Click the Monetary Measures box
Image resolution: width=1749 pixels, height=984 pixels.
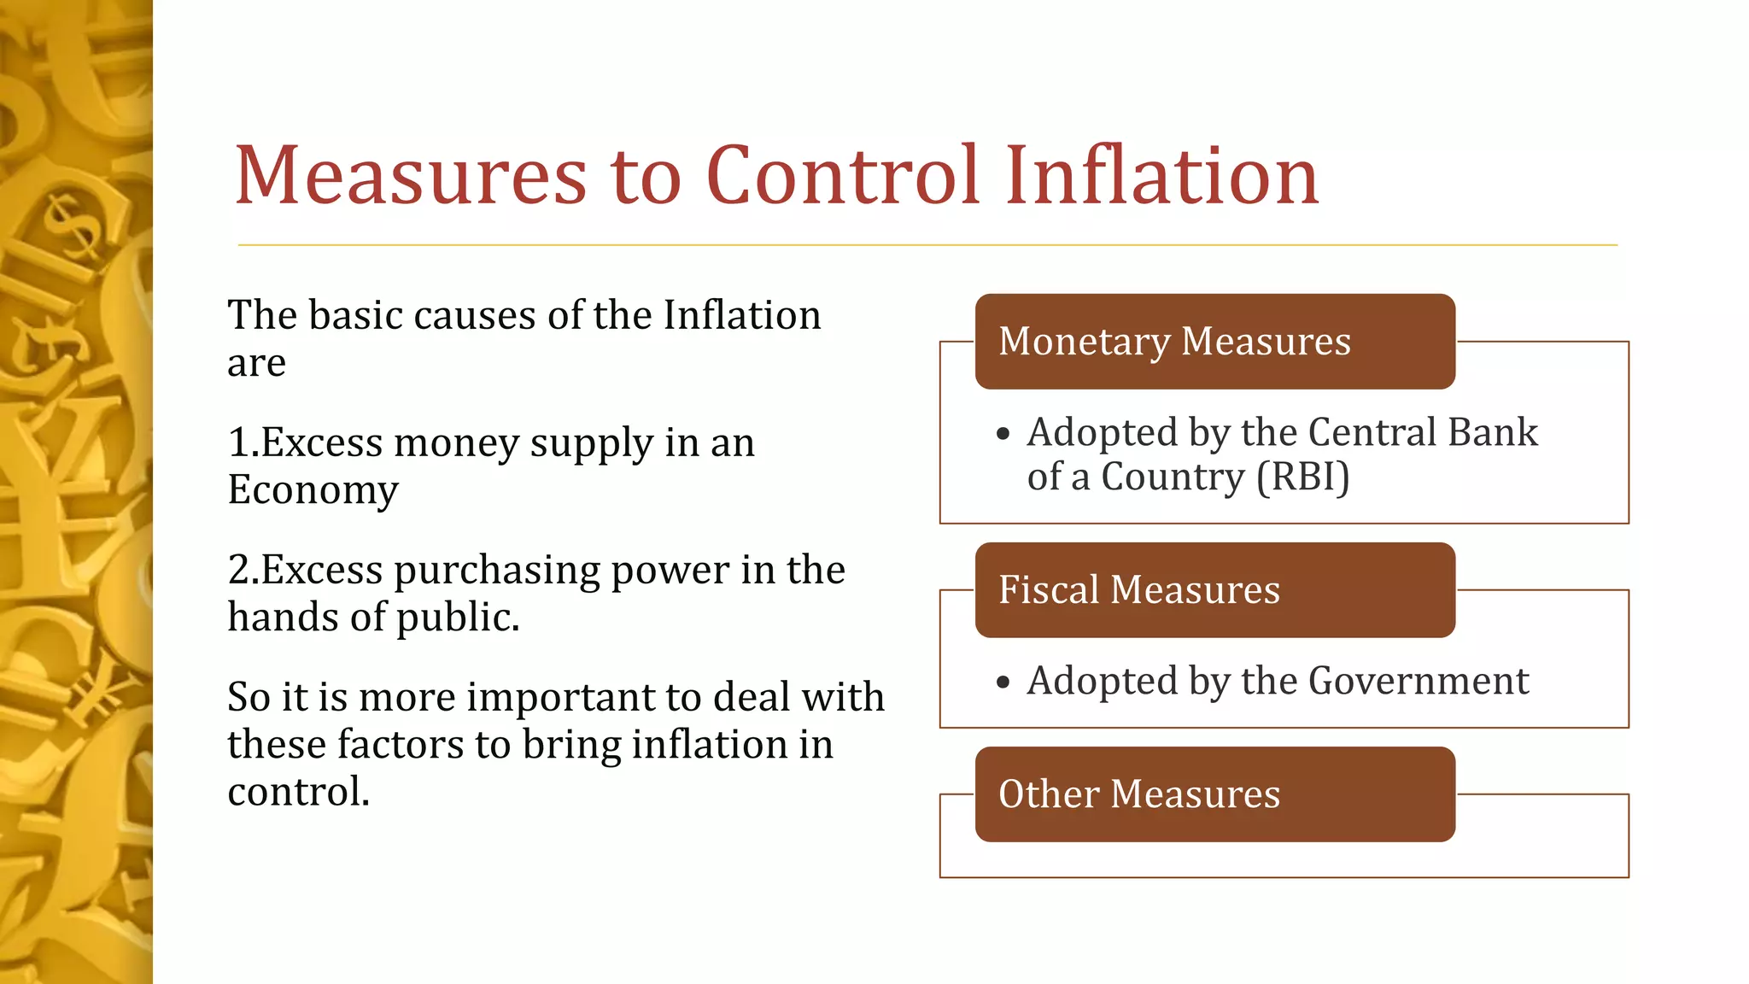click(1214, 342)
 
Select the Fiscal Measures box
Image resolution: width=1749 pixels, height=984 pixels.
click(1214, 590)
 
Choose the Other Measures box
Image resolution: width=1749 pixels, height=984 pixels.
click(1214, 794)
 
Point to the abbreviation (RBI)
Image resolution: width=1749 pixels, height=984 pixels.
click(1302, 477)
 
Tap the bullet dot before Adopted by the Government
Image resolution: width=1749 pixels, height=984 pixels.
click(1003, 682)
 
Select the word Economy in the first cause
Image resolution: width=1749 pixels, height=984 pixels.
click(313, 490)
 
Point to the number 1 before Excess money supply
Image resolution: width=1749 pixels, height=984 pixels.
click(238, 443)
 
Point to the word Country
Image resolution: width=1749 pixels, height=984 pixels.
click(1172, 477)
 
